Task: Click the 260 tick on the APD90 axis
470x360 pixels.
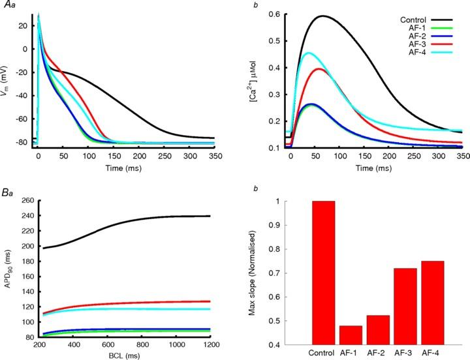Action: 26,200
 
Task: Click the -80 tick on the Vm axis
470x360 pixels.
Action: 24,142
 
